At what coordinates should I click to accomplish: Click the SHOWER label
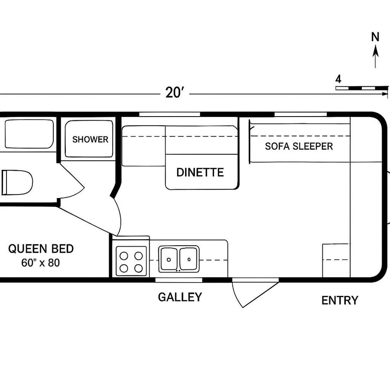[x=90, y=140]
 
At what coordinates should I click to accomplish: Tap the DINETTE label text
[x=200, y=172]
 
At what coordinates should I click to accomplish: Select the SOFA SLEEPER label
[x=299, y=146]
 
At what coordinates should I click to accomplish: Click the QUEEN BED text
[x=41, y=249]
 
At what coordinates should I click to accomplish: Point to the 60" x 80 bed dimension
[x=40, y=263]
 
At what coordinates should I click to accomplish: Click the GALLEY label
[x=180, y=297]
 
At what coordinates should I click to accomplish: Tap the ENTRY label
[x=340, y=300]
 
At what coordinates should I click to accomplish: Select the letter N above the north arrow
[x=375, y=37]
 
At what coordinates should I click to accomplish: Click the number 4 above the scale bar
[x=338, y=79]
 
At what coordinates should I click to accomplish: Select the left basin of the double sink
[x=169, y=259]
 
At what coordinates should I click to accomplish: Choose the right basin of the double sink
[x=189, y=259]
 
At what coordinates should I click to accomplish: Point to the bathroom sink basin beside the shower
[x=28, y=134]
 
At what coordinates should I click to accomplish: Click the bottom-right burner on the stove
[x=139, y=269]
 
